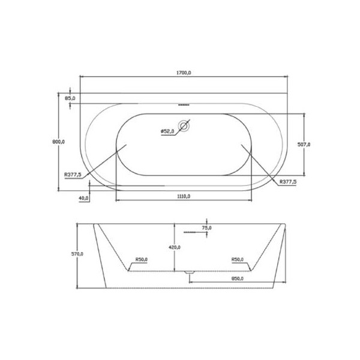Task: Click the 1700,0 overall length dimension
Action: click(184, 73)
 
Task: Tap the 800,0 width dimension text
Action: click(59, 142)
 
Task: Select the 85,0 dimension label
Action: click(70, 98)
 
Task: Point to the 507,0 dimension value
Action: click(304, 145)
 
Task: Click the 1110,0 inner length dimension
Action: click(184, 196)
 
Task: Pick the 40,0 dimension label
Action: click(84, 198)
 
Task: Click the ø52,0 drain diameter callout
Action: click(167, 131)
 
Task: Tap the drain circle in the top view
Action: click(184, 126)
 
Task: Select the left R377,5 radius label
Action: click(73, 175)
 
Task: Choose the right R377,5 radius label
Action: click(288, 182)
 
